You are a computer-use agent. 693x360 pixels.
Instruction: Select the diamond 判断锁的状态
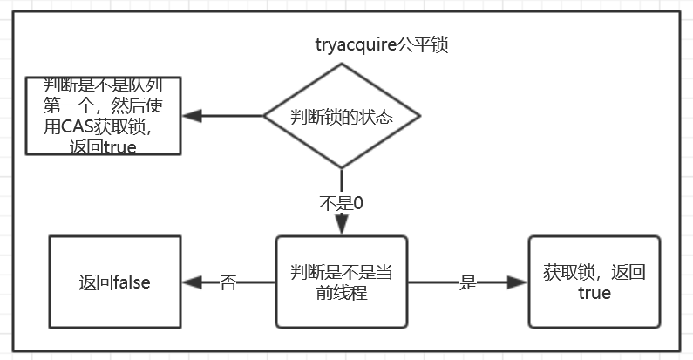pos(342,116)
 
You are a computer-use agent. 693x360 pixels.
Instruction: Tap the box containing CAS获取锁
pos(103,116)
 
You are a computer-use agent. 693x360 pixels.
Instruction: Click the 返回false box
pos(114,282)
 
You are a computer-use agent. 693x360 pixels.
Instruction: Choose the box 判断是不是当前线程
pos(342,282)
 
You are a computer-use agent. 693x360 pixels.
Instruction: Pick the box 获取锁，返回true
pos(594,282)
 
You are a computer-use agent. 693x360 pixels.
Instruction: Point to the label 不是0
pos(342,204)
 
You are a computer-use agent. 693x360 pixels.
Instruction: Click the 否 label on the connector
pos(228,282)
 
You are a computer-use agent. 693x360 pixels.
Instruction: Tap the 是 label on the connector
pos(468,282)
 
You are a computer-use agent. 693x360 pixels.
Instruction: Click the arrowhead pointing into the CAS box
pos(190,116)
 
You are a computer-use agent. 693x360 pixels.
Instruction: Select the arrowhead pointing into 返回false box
pos(190,282)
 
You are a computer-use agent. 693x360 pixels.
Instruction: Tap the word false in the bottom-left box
pos(131,282)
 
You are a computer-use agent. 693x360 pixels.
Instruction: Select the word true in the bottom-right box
pos(594,293)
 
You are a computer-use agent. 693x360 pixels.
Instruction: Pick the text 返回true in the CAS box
pos(103,146)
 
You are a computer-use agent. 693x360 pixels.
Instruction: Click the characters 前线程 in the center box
pos(342,293)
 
